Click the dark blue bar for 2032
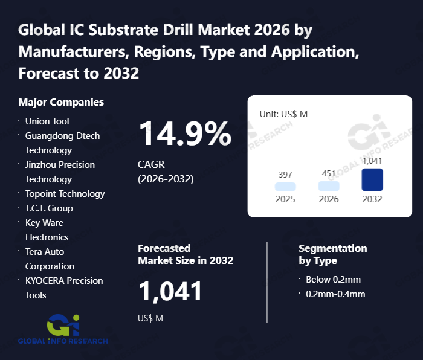coord(372,180)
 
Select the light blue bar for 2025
coord(285,187)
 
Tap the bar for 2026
coord(329,187)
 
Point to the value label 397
coord(285,175)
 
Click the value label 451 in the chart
coord(329,174)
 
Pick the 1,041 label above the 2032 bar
coord(372,161)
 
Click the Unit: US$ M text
coord(283,114)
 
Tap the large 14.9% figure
coord(185,133)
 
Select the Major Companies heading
coord(61,102)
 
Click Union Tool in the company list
coord(47,121)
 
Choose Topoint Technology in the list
coord(65,194)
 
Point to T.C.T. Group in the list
coord(49,208)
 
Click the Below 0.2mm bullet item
coord(333,280)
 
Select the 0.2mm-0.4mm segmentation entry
coord(335,294)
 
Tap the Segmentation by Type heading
coord(332,254)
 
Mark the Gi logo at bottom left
coord(63,327)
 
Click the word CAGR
coord(151,164)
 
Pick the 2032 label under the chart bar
coord(372,199)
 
